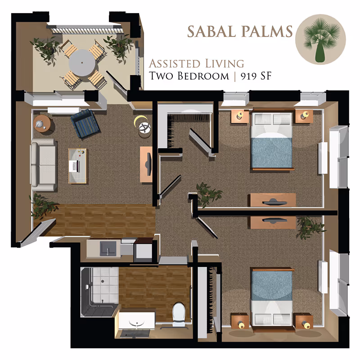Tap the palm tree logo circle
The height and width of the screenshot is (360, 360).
click(x=320, y=39)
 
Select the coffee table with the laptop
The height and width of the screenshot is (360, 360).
click(x=78, y=165)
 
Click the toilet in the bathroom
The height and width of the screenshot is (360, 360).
click(x=179, y=313)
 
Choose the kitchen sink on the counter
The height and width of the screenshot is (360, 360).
click(x=108, y=247)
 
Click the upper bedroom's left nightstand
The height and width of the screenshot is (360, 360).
click(x=240, y=116)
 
